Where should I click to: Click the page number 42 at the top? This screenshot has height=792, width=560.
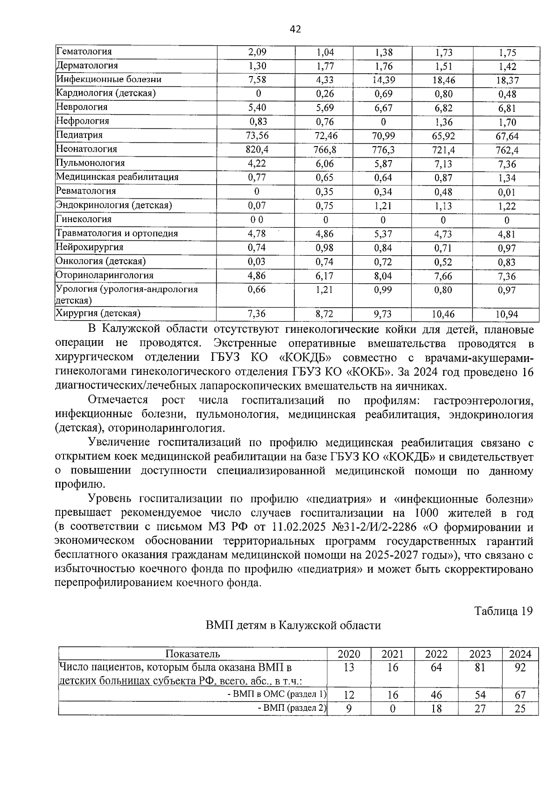[295, 29]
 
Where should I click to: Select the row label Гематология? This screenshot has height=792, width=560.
[84, 52]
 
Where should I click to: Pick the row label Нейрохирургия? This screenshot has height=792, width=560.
[90, 247]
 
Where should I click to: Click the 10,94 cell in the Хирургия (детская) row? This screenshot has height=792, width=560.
[506, 315]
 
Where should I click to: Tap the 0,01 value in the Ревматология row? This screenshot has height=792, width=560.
[506, 192]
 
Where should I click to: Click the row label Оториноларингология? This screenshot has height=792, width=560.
[105, 275]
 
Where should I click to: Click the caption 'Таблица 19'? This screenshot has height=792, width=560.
[503, 611]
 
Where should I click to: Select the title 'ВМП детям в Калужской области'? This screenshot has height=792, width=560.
[294, 625]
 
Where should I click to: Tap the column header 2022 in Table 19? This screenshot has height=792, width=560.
[436, 654]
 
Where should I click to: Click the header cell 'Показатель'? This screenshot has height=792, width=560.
[193, 654]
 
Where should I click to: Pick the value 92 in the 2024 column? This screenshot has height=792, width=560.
[519, 668]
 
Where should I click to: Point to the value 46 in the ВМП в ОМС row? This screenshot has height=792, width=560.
[436, 695]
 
